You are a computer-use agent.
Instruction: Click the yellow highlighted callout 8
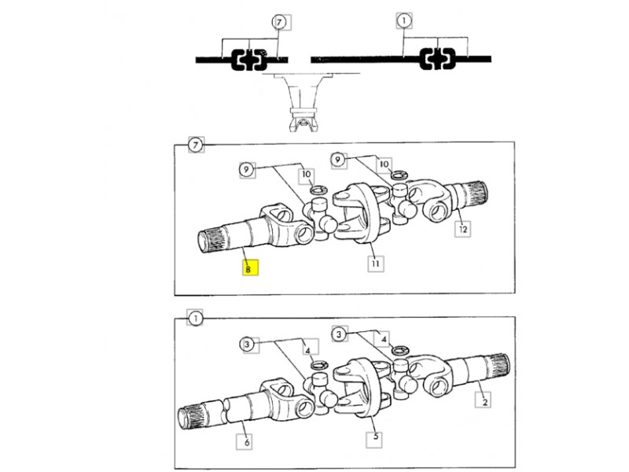(250, 267)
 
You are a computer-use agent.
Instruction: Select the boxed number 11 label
(376, 264)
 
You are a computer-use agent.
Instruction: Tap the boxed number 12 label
(463, 229)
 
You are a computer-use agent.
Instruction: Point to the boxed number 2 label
(484, 401)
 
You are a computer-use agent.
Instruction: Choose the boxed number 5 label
(375, 437)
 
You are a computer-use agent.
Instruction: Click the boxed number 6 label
(245, 442)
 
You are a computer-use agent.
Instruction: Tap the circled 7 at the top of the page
(279, 22)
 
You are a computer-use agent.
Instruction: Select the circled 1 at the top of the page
(404, 20)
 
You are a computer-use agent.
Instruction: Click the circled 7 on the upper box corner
(195, 145)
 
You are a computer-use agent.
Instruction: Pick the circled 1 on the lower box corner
(195, 319)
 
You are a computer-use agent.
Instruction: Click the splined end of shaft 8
(210, 240)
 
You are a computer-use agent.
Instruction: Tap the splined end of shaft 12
(475, 194)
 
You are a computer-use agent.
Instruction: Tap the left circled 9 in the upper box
(246, 170)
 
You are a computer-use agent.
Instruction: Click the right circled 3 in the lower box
(340, 334)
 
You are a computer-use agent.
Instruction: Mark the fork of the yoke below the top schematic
(303, 122)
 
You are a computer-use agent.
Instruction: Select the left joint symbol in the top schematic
(249, 60)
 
